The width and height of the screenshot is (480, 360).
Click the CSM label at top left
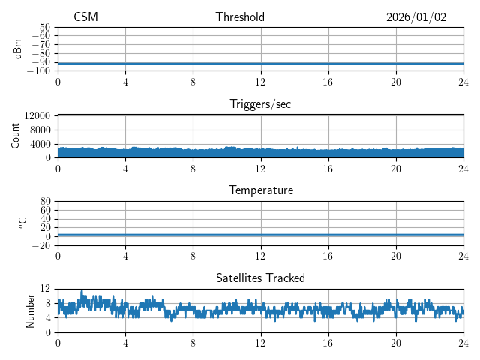pos(85,17)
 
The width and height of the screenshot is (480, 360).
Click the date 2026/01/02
pos(416,17)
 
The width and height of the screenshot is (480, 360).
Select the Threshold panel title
pos(240,17)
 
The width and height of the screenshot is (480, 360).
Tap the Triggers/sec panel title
pos(260,104)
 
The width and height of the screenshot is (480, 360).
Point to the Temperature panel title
pos(260,190)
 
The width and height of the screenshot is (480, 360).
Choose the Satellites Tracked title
pos(260,278)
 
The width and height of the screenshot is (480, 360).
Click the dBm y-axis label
pos(18,49)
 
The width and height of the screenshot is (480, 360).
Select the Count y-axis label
pos(16,136)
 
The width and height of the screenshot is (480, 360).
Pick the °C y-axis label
pos(22,223)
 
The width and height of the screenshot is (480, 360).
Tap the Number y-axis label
pos(31,310)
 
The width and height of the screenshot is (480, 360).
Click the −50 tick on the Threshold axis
pos(40,28)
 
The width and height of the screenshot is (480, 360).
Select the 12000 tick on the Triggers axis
pos(37,115)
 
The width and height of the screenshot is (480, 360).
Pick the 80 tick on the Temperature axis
pos(46,202)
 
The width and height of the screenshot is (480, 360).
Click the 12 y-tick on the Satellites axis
pos(46,289)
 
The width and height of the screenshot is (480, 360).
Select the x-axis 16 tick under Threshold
pos(328,82)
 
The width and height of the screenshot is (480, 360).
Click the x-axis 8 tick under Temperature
pos(193,256)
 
